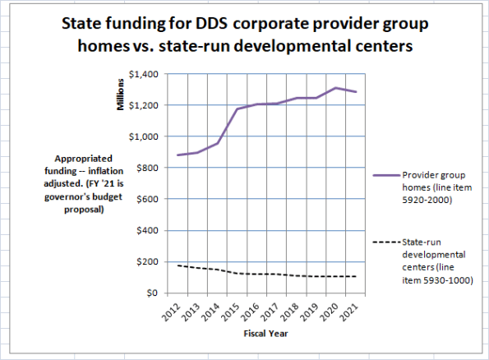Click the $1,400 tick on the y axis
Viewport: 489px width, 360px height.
[145, 75]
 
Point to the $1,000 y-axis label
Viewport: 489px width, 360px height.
[145, 136]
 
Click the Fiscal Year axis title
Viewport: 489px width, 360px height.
[265, 334]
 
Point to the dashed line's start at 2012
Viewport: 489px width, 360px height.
[178, 265]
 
